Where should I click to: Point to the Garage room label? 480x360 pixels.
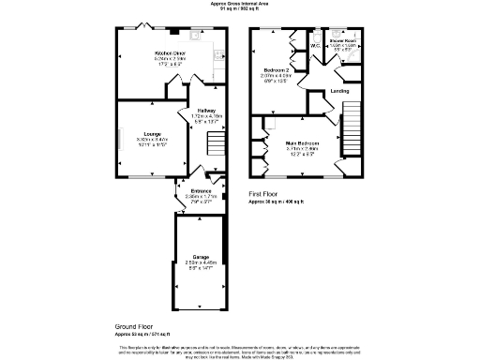point(201,256)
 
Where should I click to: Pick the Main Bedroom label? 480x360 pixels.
point(303,142)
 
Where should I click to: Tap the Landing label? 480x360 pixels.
point(340,91)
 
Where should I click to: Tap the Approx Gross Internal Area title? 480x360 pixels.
point(240,4)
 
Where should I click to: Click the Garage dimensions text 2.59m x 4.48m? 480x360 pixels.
point(201,263)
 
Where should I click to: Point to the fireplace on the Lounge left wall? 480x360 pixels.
point(119,138)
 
